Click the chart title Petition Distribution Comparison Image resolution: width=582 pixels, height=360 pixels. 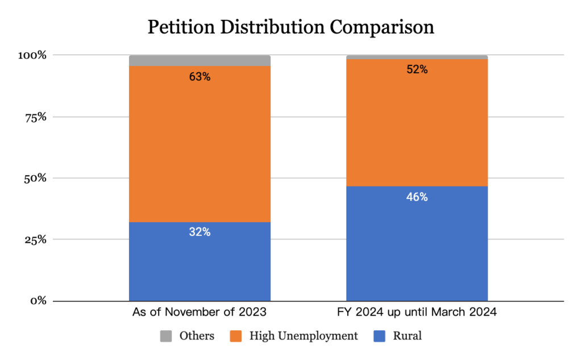coord(290,27)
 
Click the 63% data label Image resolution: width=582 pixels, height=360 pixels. coord(199,77)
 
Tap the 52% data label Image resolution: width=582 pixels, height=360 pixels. coord(417,70)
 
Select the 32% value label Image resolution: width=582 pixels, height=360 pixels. coord(199,233)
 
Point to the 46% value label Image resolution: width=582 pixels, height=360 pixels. coord(417,197)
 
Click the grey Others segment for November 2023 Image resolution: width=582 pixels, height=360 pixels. coord(199,60)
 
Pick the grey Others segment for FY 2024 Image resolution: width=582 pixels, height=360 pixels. coord(417,57)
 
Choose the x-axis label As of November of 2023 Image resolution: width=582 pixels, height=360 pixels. coord(199,312)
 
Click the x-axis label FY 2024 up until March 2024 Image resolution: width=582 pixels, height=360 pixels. coord(417,312)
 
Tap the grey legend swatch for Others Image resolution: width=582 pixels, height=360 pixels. coord(165,336)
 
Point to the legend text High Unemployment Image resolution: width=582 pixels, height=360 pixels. coord(304,336)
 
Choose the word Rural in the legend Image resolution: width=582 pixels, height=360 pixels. coord(407,336)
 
